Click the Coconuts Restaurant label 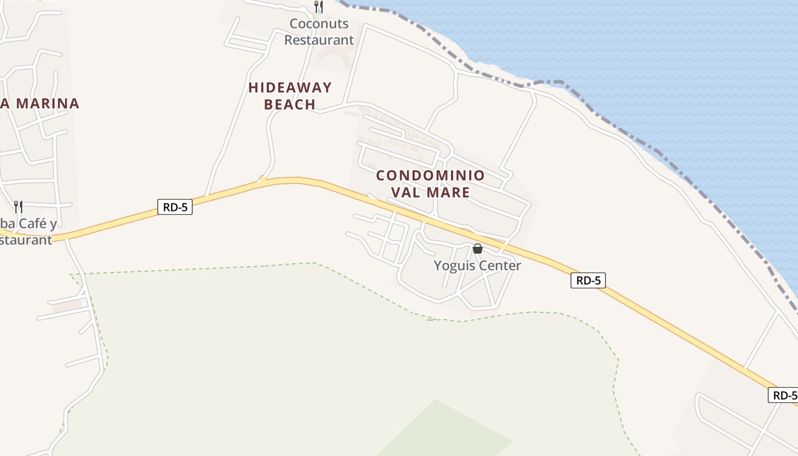tap(319, 32)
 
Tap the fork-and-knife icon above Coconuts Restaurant tap(319, 7)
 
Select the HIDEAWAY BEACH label tap(290, 96)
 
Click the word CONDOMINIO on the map tap(430, 176)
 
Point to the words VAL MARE tap(430, 192)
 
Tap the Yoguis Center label tap(477, 266)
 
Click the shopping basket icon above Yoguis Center tap(478, 249)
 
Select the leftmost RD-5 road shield tap(175, 207)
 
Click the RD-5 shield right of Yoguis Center tap(588, 280)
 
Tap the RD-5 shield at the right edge tap(784, 395)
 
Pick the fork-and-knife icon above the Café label tap(18, 206)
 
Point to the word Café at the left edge tap(38, 223)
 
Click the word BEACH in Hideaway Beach tap(290, 104)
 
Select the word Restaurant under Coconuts tap(319, 40)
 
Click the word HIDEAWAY tap(290, 88)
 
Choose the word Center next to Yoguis tap(499, 266)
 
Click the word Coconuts tap(319, 24)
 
